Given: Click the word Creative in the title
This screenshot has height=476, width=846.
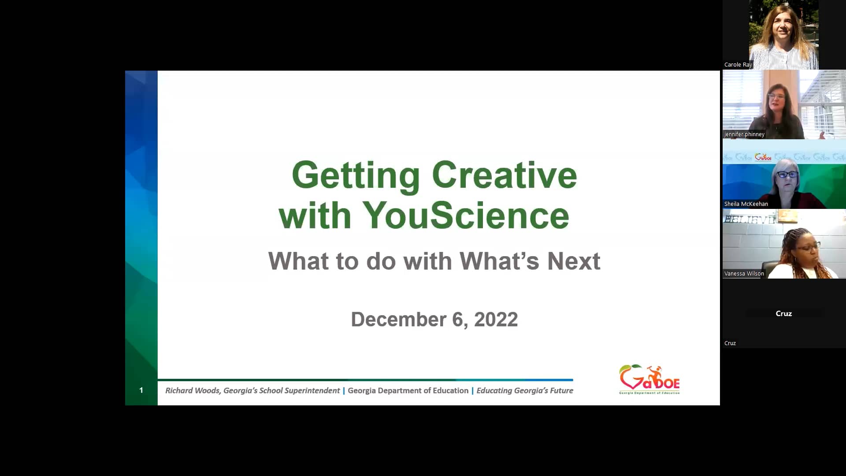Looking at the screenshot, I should coord(504,175).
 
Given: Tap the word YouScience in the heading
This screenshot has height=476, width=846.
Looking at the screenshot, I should coord(466,216).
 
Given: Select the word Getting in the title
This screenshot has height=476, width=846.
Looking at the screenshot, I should coord(356,175).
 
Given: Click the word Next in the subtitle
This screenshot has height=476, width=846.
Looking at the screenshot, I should coord(573,261).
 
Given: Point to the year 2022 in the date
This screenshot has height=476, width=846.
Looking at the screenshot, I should coord(496,320).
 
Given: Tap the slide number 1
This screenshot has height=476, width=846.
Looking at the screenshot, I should coord(141,390).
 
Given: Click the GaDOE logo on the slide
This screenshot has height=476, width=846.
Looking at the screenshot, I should coord(649,379).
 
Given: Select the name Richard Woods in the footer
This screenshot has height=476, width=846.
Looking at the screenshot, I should coord(193,390).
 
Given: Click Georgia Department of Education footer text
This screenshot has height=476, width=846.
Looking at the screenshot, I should coord(408,390).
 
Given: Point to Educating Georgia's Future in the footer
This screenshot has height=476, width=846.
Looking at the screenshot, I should coord(524,390).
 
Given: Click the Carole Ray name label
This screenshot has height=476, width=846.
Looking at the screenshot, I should coord(738,65).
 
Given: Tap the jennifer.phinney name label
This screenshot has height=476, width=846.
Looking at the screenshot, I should coord(744,134).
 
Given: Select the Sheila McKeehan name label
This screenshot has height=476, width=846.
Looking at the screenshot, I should coord(746,204).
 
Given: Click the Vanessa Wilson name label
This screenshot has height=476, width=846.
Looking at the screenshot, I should coord(744,274).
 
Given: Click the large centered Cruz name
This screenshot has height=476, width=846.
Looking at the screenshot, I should coord(783,313).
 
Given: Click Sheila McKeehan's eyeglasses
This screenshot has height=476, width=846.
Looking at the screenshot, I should coord(787,175).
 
